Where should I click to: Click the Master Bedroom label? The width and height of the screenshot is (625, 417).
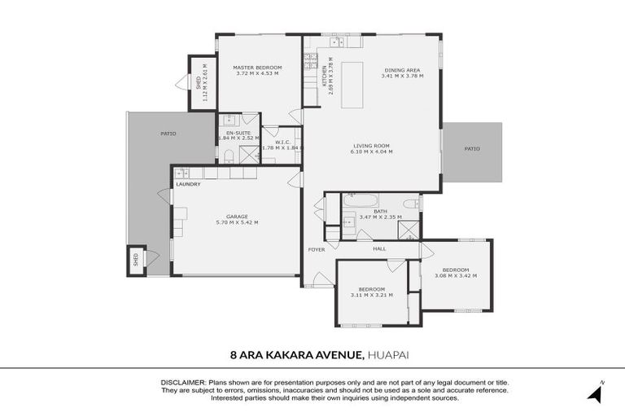[x=257, y=67]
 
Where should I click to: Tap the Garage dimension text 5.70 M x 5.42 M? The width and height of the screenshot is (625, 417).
[x=237, y=222]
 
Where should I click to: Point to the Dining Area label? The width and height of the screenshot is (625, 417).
[x=402, y=70]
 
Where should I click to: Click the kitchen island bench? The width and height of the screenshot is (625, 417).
[x=353, y=84]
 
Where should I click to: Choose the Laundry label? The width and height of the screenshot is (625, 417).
[x=188, y=184]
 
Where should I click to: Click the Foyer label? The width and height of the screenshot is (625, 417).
[x=317, y=249]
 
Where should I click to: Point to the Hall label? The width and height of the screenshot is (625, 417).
[x=379, y=249]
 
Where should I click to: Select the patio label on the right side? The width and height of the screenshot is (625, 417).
[x=472, y=148]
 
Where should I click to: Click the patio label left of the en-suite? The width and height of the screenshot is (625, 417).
[x=168, y=134]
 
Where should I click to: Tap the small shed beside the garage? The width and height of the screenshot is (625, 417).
[x=135, y=261]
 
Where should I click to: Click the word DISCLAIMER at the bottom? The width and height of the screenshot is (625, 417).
[x=183, y=382]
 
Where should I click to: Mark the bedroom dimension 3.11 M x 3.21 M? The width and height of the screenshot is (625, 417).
[x=371, y=295]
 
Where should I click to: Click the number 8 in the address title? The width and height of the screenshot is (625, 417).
[x=234, y=354]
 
